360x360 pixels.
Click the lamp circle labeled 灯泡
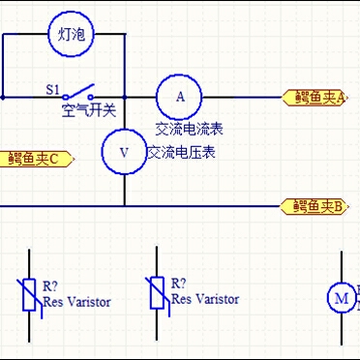[71, 35]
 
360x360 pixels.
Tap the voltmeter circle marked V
[124, 152]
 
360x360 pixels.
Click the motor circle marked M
[341, 297]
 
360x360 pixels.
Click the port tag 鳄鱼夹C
[37, 159]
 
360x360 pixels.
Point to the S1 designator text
[53, 89]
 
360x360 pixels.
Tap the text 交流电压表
[181, 153]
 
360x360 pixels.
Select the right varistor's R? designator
[179, 284]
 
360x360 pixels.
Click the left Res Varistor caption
[76, 302]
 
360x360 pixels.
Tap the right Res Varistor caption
[205, 299]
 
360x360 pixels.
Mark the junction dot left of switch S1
[3, 97]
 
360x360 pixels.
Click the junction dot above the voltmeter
[124, 97]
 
